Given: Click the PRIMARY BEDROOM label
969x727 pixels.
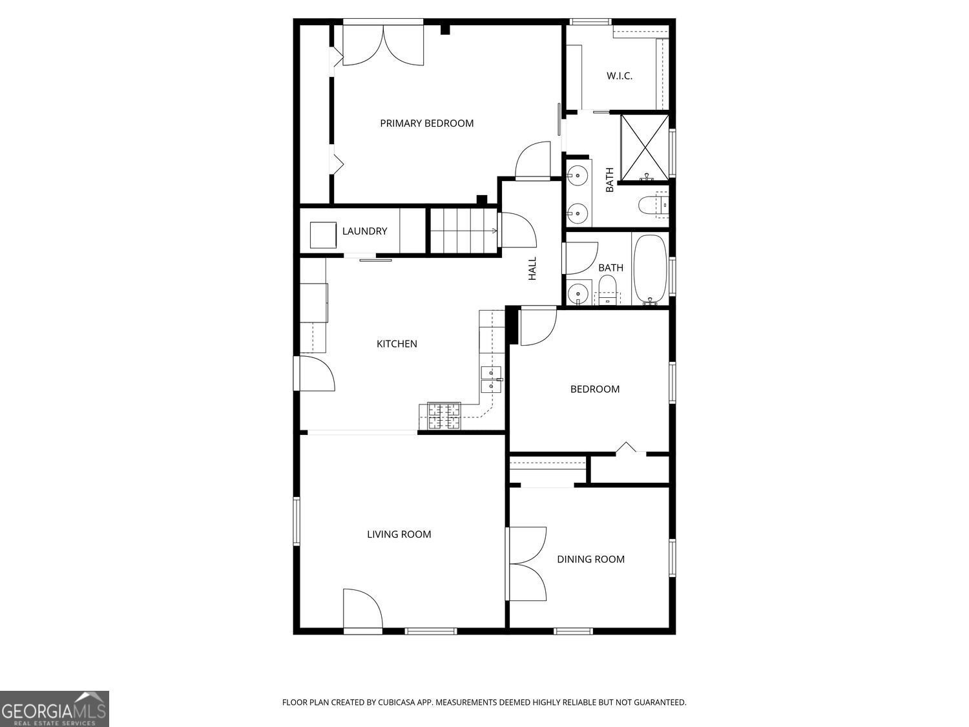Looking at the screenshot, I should pyautogui.click(x=426, y=123).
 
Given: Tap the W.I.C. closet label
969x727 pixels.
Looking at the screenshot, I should pyautogui.click(x=619, y=76).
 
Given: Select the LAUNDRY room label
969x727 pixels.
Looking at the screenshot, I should pyautogui.click(x=364, y=231).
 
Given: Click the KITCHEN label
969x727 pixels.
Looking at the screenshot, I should pyautogui.click(x=397, y=344).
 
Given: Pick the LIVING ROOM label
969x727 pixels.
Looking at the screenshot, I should pyautogui.click(x=399, y=534).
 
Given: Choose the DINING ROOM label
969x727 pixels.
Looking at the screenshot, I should pyautogui.click(x=590, y=560).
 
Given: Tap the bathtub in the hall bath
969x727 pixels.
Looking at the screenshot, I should pyautogui.click(x=651, y=269).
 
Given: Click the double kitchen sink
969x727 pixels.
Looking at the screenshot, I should pyautogui.click(x=491, y=379).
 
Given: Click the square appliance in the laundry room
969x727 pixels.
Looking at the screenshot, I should pyautogui.click(x=323, y=235).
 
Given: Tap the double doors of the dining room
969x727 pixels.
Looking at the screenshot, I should pyautogui.click(x=526, y=564).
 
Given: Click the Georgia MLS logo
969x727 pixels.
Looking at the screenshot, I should pyautogui.click(x=54, y=709).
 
